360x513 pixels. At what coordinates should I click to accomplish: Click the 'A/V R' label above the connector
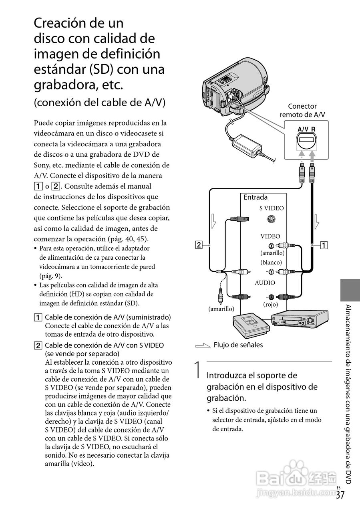coord(306,129)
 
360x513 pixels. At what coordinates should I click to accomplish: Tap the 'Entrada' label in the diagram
coord(255,197)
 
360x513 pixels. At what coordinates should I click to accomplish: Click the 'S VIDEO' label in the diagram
coord(271,208)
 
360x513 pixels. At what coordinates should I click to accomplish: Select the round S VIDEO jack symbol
coord(271,219)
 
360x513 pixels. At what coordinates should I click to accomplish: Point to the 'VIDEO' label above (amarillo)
coord(270,236)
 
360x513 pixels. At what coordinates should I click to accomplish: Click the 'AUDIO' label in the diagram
coord(265,283)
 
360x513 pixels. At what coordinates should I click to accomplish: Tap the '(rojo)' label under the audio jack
coord(271,304)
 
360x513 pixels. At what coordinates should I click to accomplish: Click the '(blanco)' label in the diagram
coord(271,262)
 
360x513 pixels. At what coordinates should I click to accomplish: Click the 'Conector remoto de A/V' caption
coord(302,110)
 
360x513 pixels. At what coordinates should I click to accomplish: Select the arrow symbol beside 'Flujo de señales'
coord(203,345)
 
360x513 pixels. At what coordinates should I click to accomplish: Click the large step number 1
coord(197,370)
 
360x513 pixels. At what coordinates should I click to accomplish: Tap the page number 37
coord(340,495)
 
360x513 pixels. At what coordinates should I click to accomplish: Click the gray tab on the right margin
coord(350,291)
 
